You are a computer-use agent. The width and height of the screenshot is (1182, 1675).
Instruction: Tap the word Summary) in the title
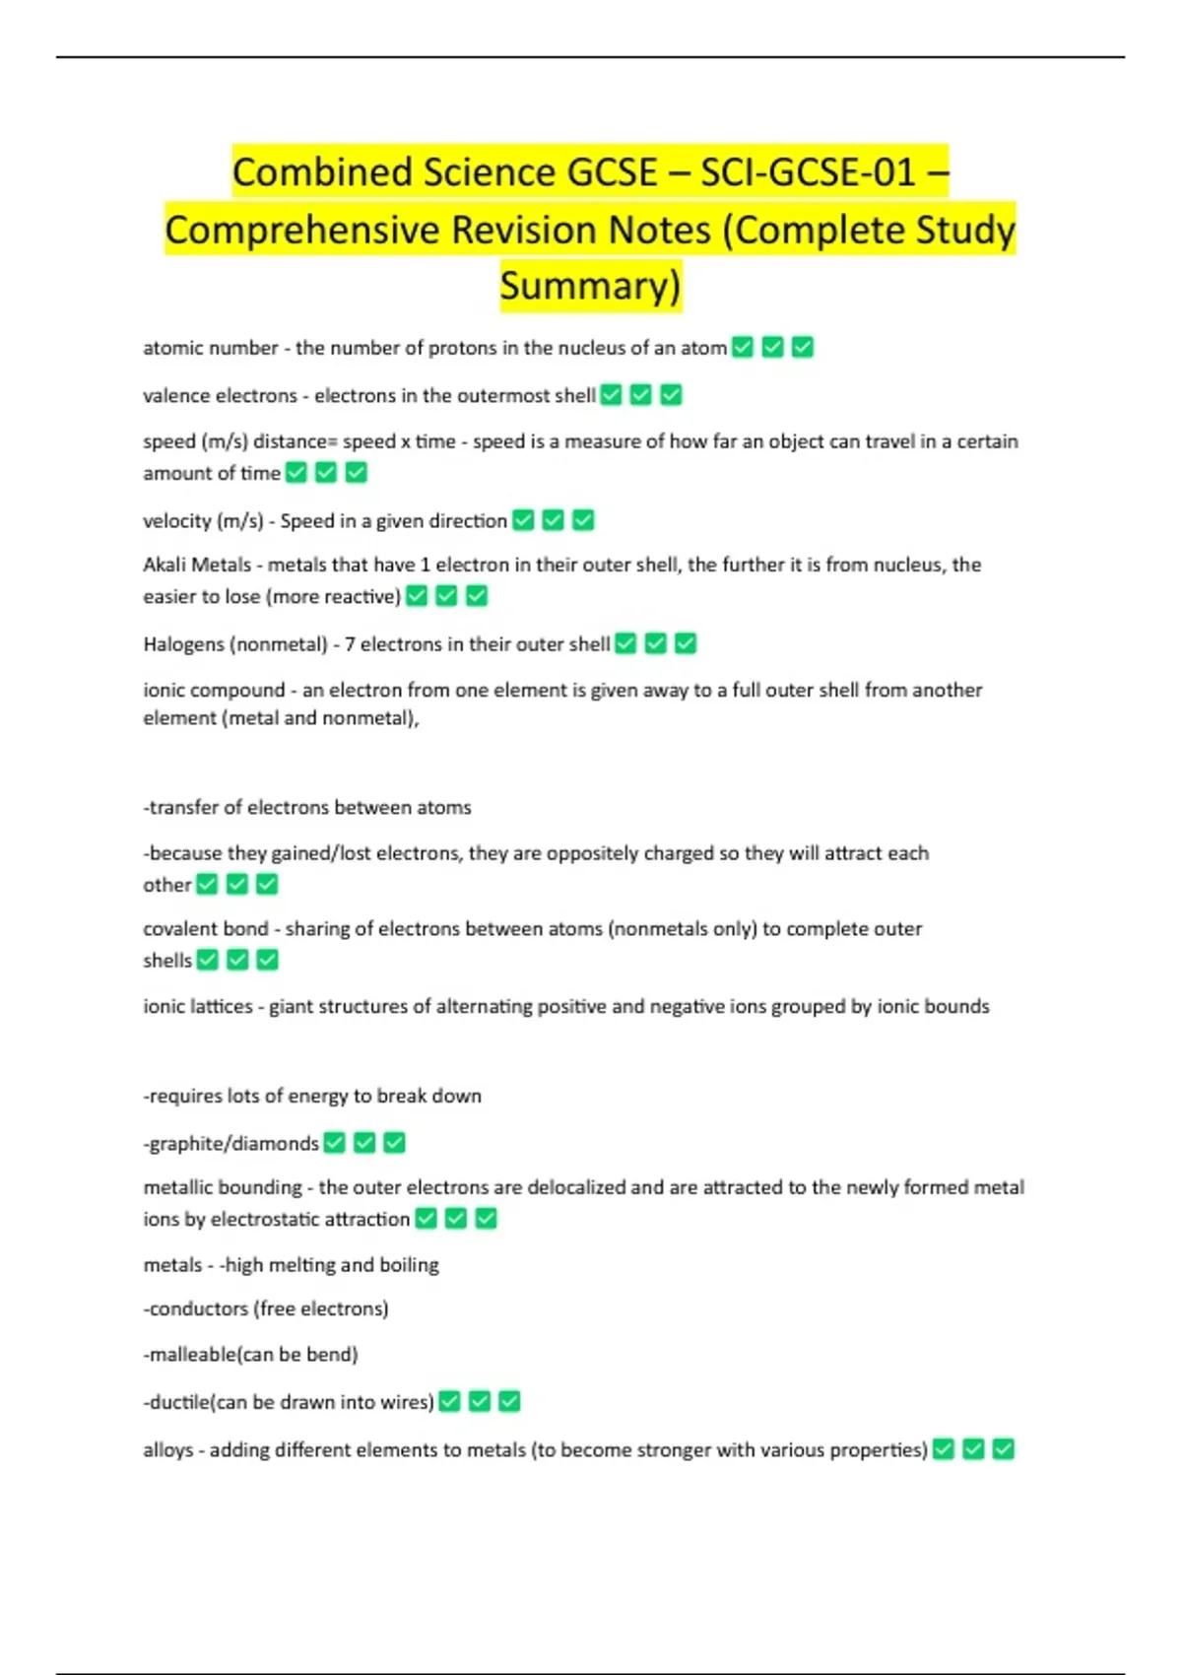tap(590, 286)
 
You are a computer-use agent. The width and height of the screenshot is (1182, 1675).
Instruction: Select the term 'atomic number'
tap(210, 348)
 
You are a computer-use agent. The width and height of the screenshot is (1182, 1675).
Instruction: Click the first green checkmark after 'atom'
tap(743, 347)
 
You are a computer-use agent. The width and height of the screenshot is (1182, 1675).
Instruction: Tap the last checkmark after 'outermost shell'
tap(671, 395)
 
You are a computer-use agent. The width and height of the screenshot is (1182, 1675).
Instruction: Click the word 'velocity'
tap(176, 520)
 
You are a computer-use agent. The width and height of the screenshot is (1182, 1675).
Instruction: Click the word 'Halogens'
tap(183, 644)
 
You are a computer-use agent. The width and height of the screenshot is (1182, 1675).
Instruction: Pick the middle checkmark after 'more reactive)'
tap(446, 596)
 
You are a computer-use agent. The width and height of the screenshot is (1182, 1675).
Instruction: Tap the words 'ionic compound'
tap(214, 690)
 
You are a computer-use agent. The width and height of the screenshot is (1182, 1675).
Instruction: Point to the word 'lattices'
tap(216, 1006)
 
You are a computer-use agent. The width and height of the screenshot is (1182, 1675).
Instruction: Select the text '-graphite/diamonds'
tap(231, 1143)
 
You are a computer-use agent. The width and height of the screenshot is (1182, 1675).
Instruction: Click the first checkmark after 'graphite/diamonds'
tap(335, 1143)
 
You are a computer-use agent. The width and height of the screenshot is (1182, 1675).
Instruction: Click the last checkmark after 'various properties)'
tap(1003, 1449)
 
